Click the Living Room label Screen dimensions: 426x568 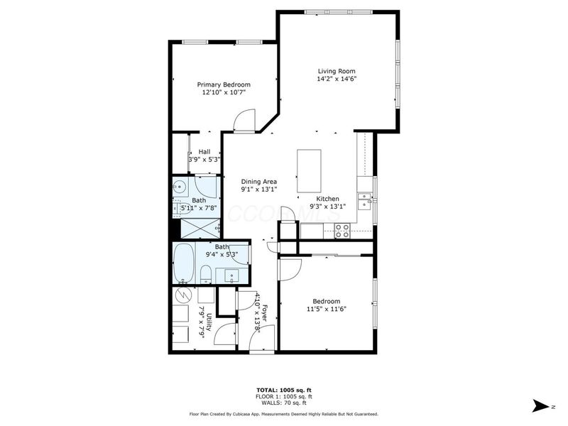336,71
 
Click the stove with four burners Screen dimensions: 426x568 342,230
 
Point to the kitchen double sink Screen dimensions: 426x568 365,201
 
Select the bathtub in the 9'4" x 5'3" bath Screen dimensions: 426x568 185,262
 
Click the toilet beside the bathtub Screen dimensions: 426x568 204,274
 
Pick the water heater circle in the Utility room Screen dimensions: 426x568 182,295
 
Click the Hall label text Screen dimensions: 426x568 204,151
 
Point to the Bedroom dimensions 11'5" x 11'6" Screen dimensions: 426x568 326,309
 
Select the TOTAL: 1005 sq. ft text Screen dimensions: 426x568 283,390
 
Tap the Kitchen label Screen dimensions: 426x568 327,199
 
